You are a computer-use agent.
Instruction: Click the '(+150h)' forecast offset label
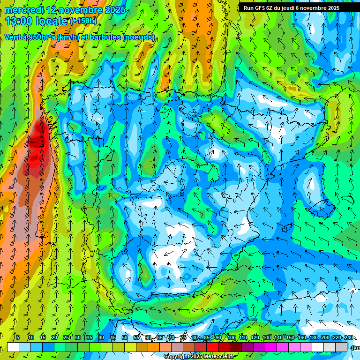coord(83,21)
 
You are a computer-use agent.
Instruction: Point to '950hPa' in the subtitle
coord(41,37)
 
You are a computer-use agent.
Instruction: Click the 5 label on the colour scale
coord(18,337)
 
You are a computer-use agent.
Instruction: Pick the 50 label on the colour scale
coord(124,337)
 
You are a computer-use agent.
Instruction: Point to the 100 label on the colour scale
coord(232,337)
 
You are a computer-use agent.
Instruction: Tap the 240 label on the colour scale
coord(349,337)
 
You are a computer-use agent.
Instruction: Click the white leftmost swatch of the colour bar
coord(13,347)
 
